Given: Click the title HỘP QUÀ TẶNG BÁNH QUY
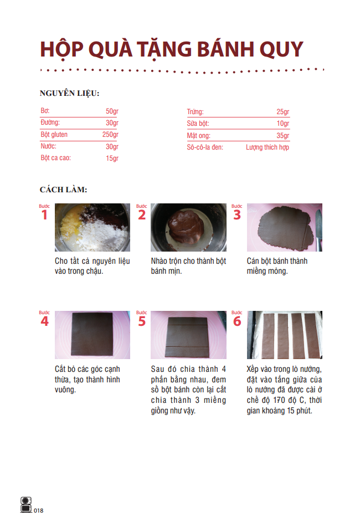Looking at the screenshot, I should click(x=172, y=49).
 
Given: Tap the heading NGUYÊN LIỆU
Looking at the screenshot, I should click(x=69, y=93).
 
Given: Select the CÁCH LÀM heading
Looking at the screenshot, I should click(x=63, y=190).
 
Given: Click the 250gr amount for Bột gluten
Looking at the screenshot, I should click(x=110, y=135).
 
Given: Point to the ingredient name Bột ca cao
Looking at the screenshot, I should click(x=56, y=158).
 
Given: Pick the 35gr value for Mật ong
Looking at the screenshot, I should click(x=282, y=136).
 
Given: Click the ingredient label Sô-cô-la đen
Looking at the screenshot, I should click(x=205, y=147).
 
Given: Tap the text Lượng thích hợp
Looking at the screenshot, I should click(x=268, y=147).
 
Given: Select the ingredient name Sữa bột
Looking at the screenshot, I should click(x=198, y=124).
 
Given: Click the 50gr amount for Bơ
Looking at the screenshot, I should click(x=112, y=111).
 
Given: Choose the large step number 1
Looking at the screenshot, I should click(x=44, y=215).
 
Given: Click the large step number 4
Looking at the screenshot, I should click(x=44, y=321).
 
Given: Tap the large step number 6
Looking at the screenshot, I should click(x=237, y=321).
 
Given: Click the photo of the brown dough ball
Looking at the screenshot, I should click(x=188, y=227).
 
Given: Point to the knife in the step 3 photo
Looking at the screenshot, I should click(x=319, y=222).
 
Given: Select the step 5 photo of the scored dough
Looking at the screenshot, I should click(x=188, y=335).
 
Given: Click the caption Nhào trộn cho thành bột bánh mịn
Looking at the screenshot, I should click(x=188, y=266).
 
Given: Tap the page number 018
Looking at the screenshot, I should click(x=38, y=510).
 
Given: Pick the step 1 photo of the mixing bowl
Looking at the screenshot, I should click(x=92, y=227).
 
